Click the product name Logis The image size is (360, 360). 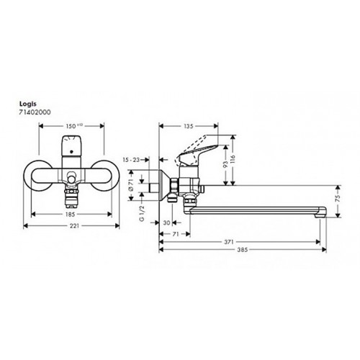[27, 104]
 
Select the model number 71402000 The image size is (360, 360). [35, 112]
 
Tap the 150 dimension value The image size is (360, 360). [71, 126]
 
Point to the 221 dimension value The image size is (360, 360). [74, 226]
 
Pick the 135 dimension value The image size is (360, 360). [188, 126]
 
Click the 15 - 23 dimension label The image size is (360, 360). [131, 160]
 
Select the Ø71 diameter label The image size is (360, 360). [131, 185]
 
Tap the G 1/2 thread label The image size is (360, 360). [142, 213]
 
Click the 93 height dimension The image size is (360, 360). [225, 164]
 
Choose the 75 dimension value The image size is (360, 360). [338, 198]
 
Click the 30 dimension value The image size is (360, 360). [166, 223]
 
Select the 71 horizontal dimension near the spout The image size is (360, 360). [176, 234]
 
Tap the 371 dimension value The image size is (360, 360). [229, 242]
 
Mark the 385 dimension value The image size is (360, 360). [243, 250]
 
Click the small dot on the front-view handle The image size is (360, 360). [71, 152]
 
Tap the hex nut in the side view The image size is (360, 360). [174, 185]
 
